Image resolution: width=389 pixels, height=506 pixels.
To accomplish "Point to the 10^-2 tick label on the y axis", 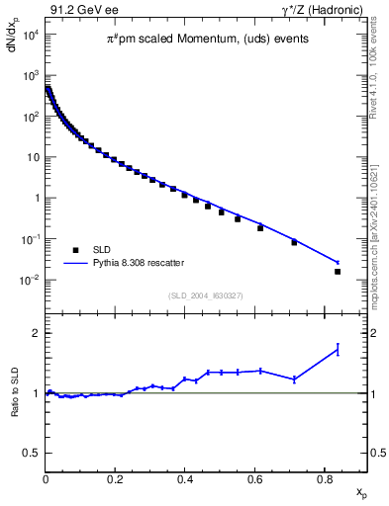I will coord(31,280).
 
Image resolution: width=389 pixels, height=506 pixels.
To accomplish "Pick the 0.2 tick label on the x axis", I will coord(115,482).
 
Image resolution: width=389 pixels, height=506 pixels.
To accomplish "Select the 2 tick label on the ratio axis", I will coord(35,333).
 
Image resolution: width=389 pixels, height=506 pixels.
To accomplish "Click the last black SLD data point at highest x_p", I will coord(338,271).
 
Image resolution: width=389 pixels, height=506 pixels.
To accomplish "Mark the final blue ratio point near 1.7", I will coord(338,349).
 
